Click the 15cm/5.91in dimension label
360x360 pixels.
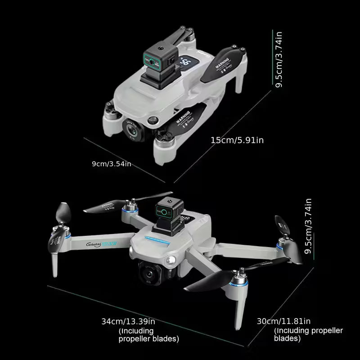pyautogui.click(x=237, y=140)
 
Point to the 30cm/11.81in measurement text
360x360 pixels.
pyautogui.click(x=283, y=321)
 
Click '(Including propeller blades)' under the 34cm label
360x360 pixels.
pyautogui.click(x=148, y=335)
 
